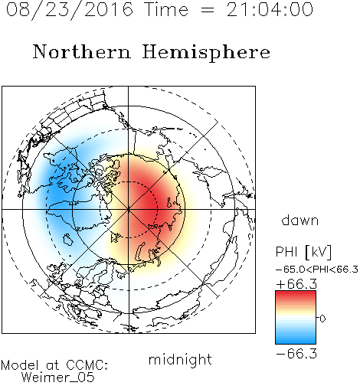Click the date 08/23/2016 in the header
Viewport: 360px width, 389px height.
point(70,10)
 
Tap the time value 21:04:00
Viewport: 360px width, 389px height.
point(270,9)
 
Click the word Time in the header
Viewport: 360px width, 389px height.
point(166,9)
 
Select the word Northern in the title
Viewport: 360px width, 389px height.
point(81,51)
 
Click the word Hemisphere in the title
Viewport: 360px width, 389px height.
point(206,53)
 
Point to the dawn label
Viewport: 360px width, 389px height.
point(300,220)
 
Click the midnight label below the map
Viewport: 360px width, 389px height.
point(180,360)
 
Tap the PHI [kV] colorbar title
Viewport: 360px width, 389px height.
point(303,252)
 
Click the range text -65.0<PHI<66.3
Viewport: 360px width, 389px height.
point(317,270)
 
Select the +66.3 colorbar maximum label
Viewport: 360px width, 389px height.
point(296,284)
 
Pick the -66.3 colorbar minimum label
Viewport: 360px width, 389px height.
point(296,354)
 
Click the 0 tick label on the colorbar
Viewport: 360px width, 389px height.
point(322,319)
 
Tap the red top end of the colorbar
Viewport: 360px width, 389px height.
point(296,293)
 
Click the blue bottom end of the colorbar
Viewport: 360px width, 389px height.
point(296,342)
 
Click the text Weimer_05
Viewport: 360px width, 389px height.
point(58,378)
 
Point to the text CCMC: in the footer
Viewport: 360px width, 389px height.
point(87,365)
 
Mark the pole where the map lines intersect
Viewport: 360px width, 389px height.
point(129,209)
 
